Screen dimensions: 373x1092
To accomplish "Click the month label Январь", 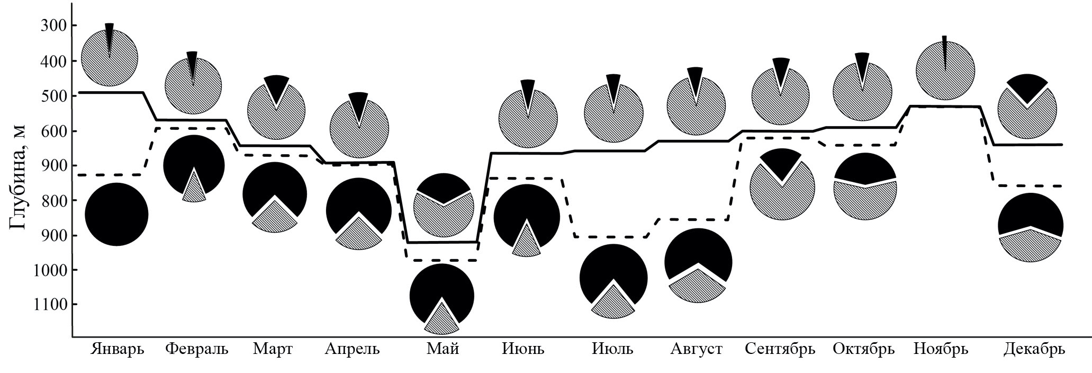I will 118,349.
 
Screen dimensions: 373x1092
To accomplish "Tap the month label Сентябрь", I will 780,349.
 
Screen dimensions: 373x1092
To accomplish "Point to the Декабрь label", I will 1034,349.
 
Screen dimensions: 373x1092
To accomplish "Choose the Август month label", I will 697,349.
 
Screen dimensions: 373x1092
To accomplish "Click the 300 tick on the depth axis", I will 52,26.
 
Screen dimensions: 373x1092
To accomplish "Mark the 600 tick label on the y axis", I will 52,131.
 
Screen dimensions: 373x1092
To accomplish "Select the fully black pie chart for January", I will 116,214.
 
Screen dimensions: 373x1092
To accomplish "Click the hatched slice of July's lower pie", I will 613,305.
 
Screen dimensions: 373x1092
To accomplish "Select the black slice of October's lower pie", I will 865,168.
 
